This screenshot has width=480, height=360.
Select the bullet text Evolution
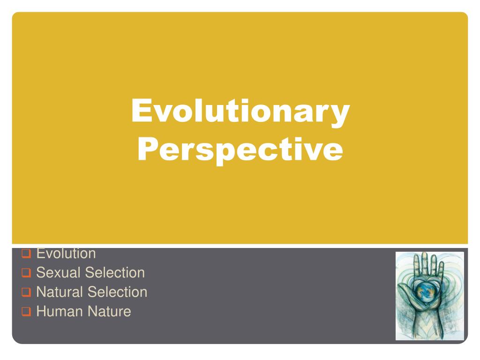(66, 254)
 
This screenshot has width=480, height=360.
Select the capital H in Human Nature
(41, 311)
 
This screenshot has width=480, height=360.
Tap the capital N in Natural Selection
(41, 292)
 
